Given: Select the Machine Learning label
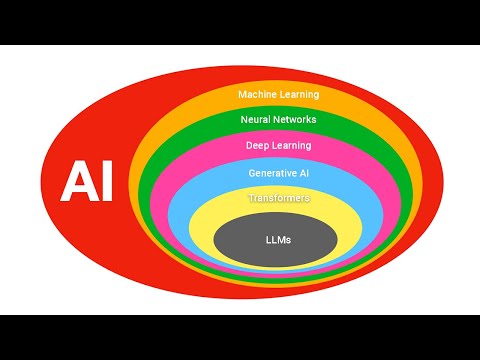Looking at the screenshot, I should [x=278, y=94].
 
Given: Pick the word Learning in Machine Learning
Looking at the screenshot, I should [x=299, y=94].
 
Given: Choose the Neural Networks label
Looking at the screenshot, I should [x=278, y=119].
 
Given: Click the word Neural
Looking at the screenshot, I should [x=256, y=119].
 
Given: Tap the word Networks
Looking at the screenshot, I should [x=296, y=119].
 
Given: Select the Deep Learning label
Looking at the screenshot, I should [x=278, y=145].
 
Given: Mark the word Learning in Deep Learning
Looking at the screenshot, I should [x=291, y=145].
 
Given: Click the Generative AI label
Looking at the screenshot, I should [x=278, y=172].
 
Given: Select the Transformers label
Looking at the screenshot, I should [x=278, y=198].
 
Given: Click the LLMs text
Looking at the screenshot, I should [x=278, y=240].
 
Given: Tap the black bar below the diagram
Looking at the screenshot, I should [x=240, y=337].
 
